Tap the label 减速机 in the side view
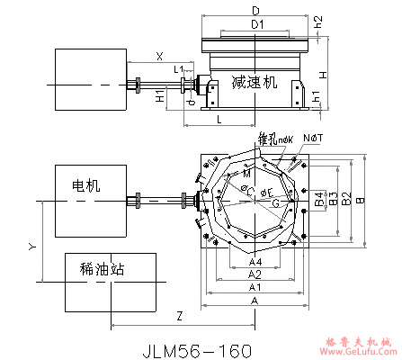255,81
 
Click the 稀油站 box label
97,267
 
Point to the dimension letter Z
180,316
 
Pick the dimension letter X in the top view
159,56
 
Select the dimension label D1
257,22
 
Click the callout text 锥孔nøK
273,139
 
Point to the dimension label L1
178,69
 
